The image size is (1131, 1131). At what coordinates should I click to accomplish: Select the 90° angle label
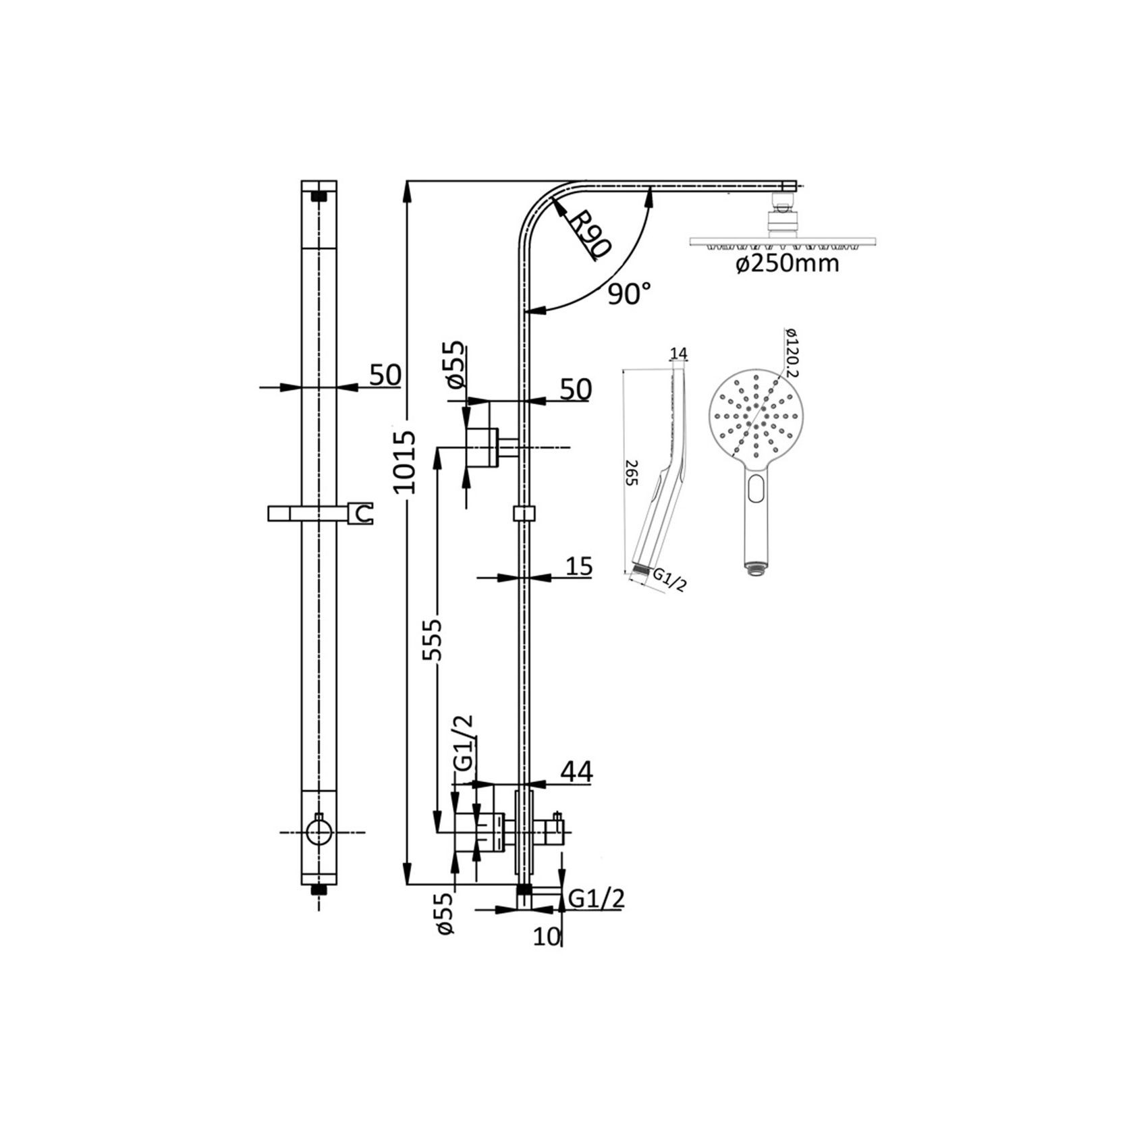(629, 294)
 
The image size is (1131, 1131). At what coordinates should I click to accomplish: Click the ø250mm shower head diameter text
(788, 264)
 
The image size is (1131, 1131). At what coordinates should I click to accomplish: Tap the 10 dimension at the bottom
(547, 937)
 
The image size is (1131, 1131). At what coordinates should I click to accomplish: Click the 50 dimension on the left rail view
(385, 375)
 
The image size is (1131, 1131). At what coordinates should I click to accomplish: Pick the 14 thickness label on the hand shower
(679, 354)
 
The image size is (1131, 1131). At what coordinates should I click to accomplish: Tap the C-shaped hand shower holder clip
(363, 514)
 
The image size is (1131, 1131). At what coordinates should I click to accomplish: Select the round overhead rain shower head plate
(783, 242)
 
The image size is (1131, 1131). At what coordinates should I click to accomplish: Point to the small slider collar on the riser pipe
(524, 514)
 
